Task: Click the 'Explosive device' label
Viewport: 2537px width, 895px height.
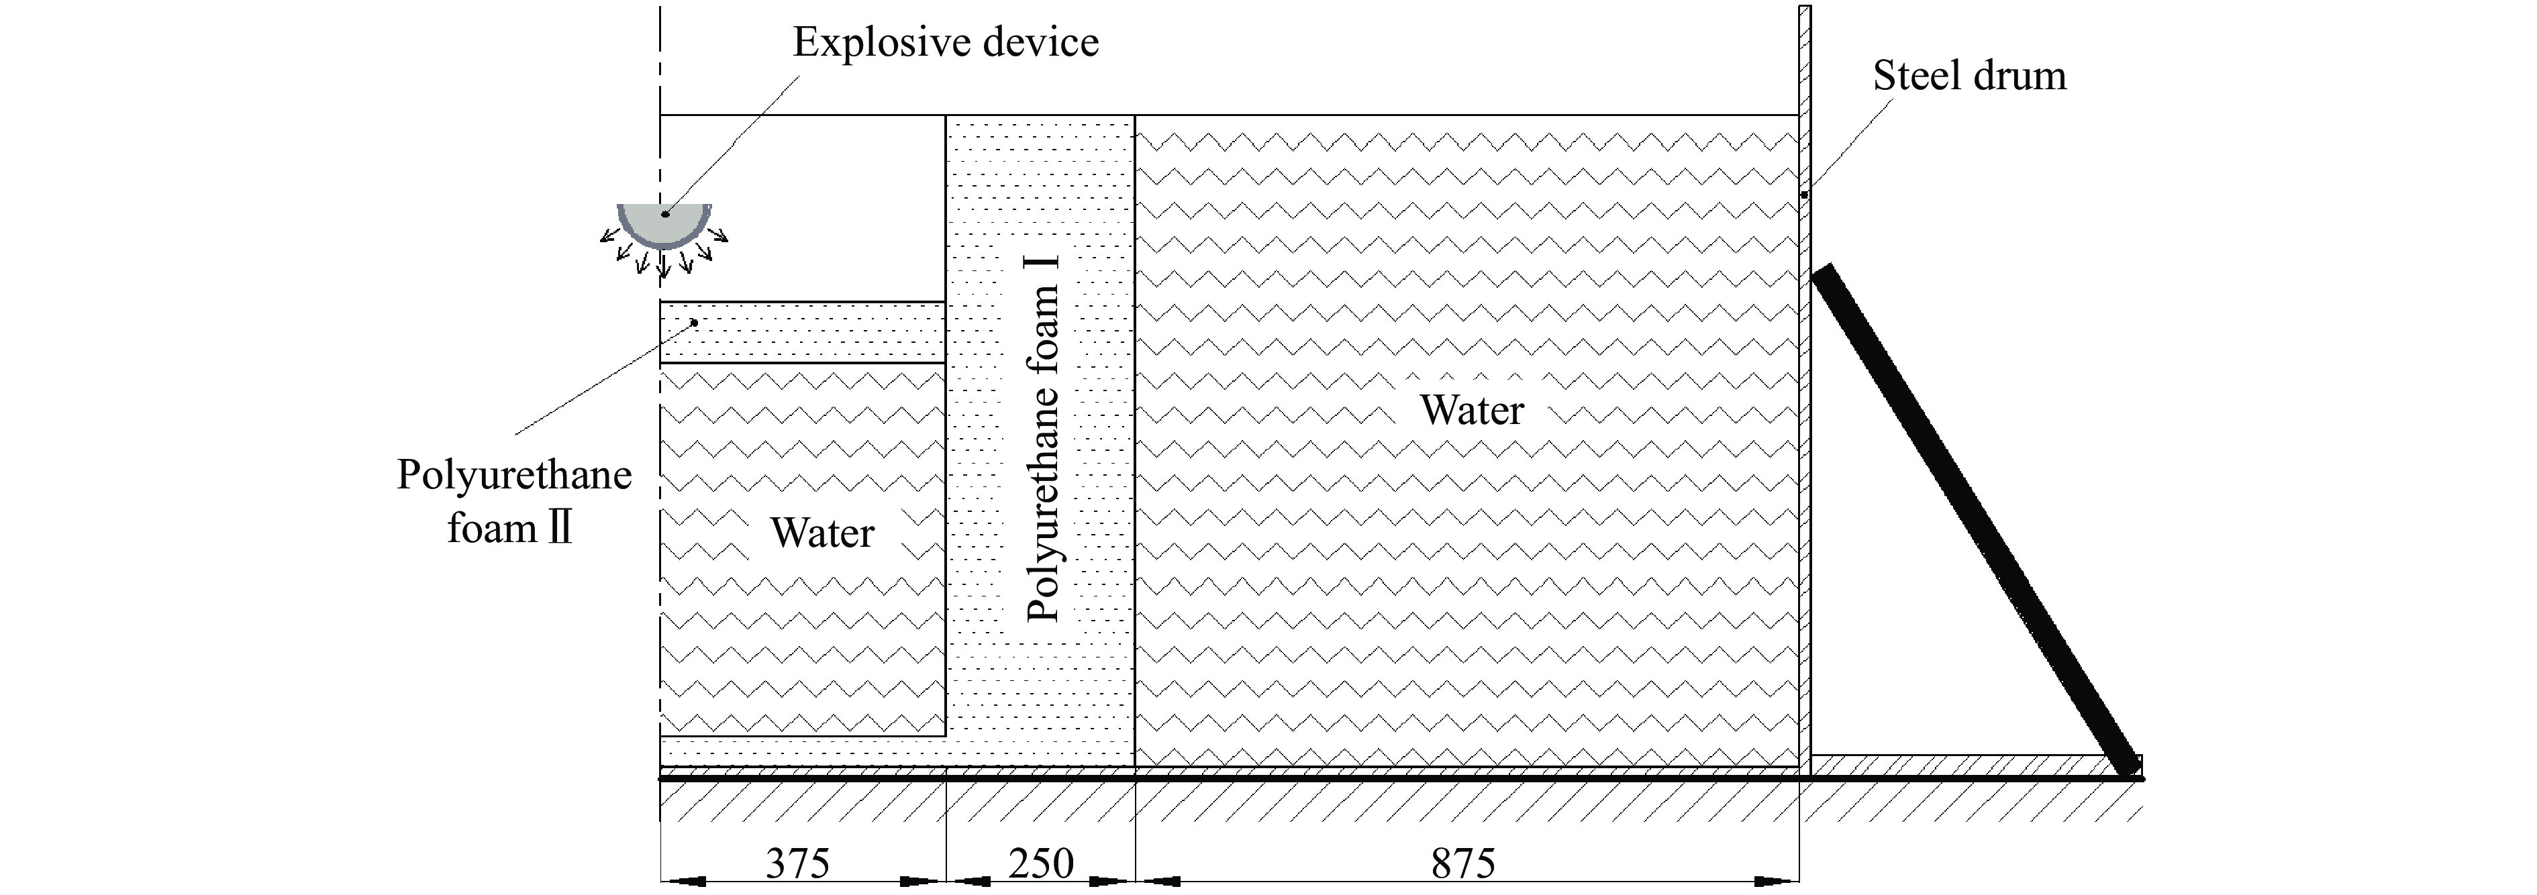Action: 946,42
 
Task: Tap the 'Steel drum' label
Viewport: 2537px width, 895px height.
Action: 1969,76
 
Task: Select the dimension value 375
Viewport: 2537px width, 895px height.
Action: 798,863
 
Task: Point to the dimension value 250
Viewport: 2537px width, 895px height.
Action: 1040,863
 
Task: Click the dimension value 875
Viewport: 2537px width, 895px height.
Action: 1464,863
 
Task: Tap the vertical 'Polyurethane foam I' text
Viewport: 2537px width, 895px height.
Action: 1042,438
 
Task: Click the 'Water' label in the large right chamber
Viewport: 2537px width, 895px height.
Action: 1471,409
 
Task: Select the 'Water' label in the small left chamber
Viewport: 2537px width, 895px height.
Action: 822,533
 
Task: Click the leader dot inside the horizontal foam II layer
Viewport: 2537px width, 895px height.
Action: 695,322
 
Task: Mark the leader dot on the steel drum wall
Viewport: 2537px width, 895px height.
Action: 1804,195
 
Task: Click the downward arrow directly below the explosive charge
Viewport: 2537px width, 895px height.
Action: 663,264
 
